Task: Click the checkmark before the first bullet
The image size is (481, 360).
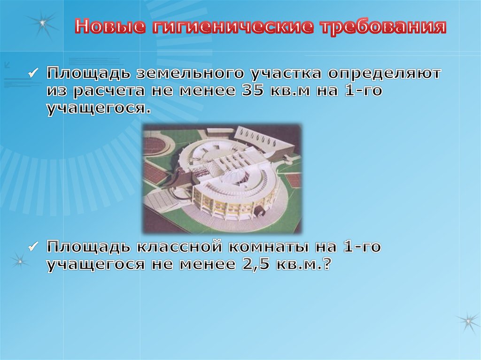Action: click(x=33, y=74)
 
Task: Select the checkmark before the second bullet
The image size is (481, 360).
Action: click(x=33, y=246)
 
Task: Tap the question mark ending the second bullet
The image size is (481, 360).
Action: click(x=326, y=264)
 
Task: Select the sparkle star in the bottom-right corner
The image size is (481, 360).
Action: click(x=468, y=322)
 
